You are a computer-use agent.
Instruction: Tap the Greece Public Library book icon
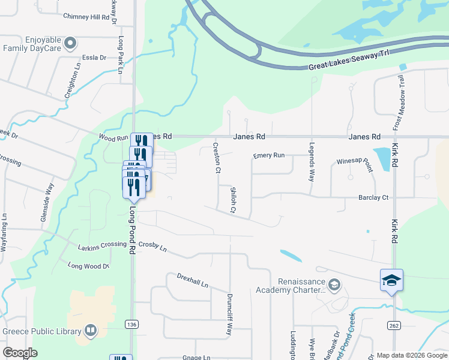(x=90, y=331)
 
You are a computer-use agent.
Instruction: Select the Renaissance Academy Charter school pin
(x=335, y=284)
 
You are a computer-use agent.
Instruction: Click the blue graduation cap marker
(x=391, y=280)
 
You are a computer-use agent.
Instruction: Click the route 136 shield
(x=131, y=324)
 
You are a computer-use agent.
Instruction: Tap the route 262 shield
(x=394, y=325)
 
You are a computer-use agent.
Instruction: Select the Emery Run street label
(x=268, y=155)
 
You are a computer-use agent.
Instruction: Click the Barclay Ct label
(x=373, y=197)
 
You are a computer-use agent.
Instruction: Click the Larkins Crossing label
(x=102, y=245)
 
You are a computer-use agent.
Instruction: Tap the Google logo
(x=20, y=353)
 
